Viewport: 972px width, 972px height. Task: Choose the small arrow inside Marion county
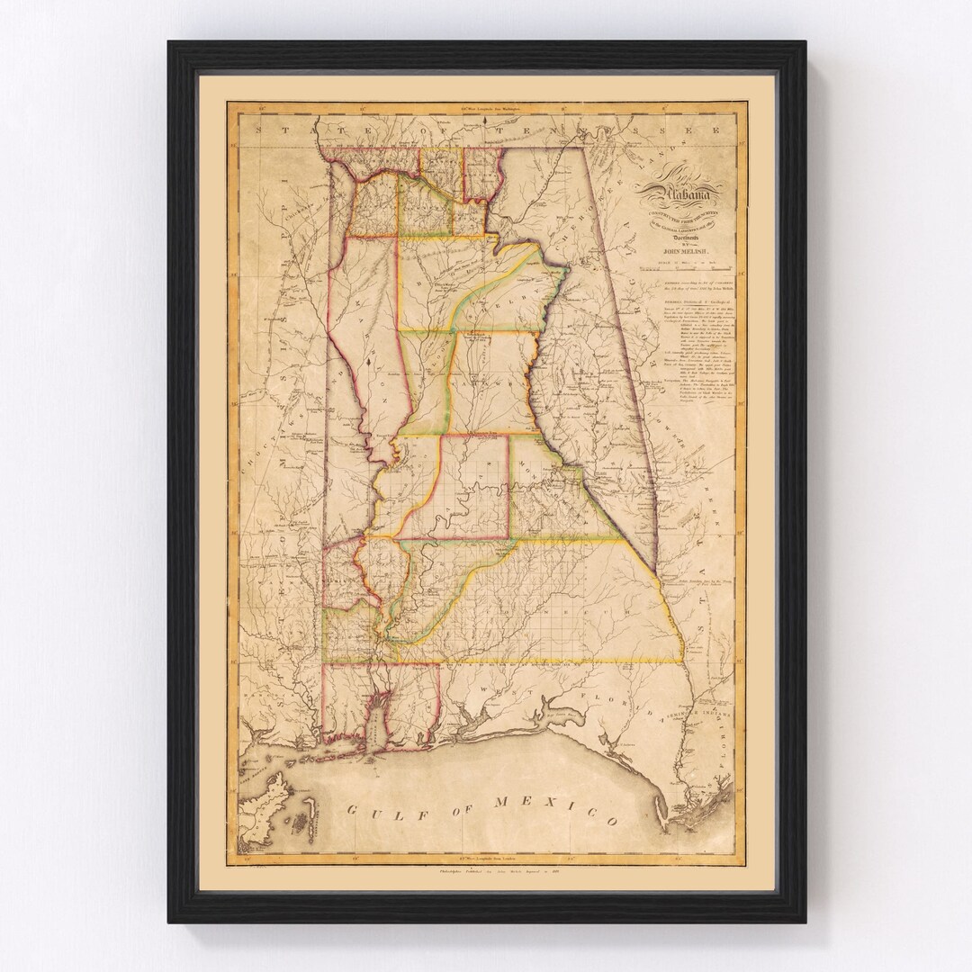pos(369,364)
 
